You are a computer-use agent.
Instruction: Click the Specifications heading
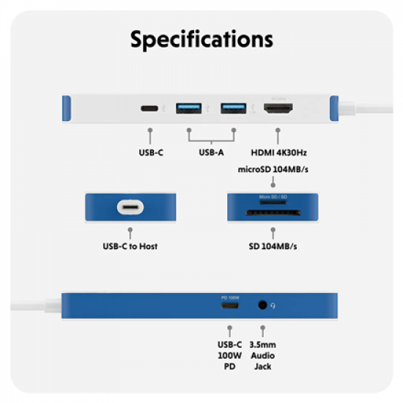pos(202,39)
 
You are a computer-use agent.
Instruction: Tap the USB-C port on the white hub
pos(150,108)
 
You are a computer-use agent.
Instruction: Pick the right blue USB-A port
pos(233,108)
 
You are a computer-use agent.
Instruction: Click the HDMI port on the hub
pos(278,108)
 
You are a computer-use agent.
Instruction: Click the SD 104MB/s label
pos(272,246)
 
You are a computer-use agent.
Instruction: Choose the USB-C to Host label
pos(130,246)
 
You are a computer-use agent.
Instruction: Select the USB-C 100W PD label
pos(229,355)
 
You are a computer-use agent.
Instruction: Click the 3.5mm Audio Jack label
pos(262,355)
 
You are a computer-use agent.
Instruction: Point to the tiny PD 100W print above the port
pos(230,297)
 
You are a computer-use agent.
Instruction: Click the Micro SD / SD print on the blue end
pos(272,198)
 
